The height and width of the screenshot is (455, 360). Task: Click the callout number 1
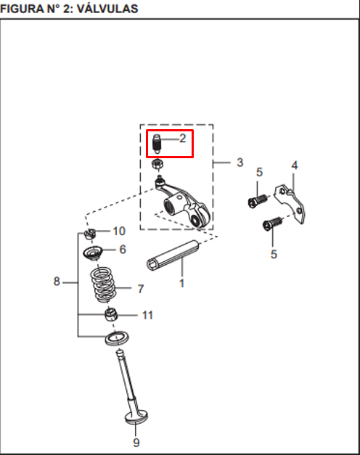pos(181,282)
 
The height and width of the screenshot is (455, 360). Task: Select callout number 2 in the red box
pos(182,138)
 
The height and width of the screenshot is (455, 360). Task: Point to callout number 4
pos(294,166)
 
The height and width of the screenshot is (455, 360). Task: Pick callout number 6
pos(122,250)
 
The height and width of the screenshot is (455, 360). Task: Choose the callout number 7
pos(140,289)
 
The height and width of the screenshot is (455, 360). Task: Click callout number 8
pos(57,281)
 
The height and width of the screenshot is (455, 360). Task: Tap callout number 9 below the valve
pos(136,442)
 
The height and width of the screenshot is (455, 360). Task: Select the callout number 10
pos(118,231)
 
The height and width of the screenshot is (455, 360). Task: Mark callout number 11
pos(147,316)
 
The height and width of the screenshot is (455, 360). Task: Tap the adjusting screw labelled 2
pos(157,144)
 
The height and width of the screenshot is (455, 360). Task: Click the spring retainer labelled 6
pos(94,254)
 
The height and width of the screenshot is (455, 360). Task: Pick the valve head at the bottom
pos(136,417)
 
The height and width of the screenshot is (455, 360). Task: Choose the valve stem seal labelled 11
pos(111,314)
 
